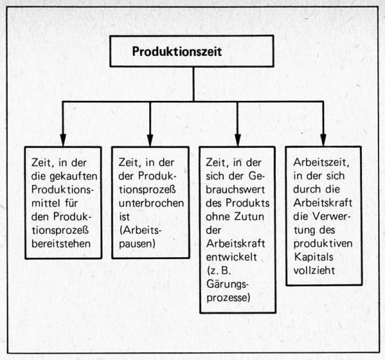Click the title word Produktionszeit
pyautogui.click(x=177, y=52)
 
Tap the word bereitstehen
pyautogui.click(x=61, y=244)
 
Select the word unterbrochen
pyautogui.click(x=151, y=203)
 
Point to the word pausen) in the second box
pyautogui.click(x=137, y=244)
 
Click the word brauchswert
pyautogui.click(x=235, y=190)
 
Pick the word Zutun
pyautogui.click(x=249, y=216)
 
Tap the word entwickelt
pyautogui.click(x=232, y=257)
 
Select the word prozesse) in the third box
pyautogui.click(x=228, y=298)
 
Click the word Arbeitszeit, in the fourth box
pyautogui.click(x=321, y=162)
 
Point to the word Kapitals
pyautogui.click(x=314, y=257)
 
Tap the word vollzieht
pyautogui.click(x=314, y=270)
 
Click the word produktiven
pyautogui.click(x=323, y=244)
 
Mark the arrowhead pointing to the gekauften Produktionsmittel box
pyautogui.click(x=63, y=140)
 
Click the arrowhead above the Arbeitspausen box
pyautogui.click(x=150, y=140)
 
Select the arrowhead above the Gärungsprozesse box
pyautogui.click(x=237, y=140)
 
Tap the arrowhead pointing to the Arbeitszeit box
pyautogui.click(x=323, y=140)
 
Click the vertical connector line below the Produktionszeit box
pyautogui.click(x=193, y=84)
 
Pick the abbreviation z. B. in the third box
pyautogui.click(x=219, y=271)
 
